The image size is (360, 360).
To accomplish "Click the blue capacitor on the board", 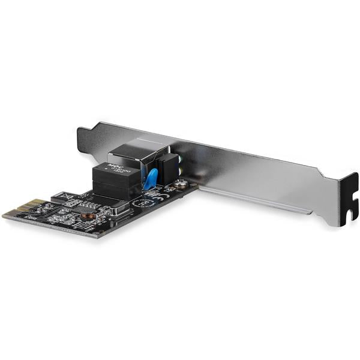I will [x=151, y=178].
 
